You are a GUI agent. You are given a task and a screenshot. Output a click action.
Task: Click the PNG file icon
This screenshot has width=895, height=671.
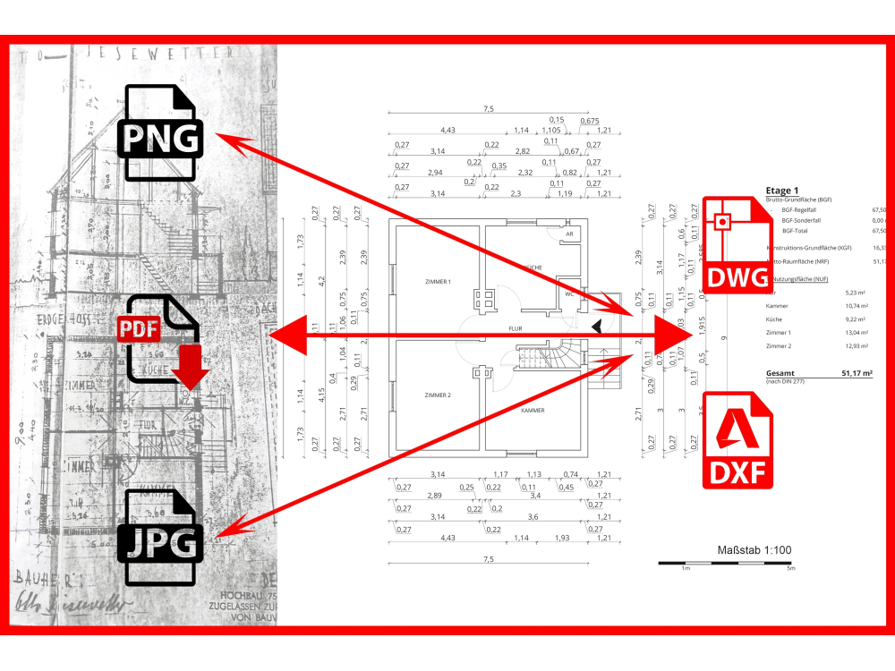(161, 133)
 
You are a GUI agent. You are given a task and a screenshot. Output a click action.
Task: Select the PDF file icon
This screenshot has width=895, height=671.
(161, 340)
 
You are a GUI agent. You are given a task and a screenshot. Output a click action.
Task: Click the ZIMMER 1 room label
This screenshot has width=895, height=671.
(438, 282)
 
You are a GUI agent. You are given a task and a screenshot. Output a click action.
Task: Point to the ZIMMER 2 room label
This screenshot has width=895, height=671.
(438, 395)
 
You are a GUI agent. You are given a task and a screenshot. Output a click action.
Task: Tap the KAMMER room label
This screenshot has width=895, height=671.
(533, 411)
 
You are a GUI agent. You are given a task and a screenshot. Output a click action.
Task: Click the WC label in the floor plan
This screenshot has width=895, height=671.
(568, 293)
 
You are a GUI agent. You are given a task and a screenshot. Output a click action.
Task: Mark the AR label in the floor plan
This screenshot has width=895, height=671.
(568, 234)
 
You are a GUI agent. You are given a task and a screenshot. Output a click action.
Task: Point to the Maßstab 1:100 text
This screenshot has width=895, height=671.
(754, 550)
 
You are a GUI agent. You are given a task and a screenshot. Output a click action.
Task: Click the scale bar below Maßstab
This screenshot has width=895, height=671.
(726, 563)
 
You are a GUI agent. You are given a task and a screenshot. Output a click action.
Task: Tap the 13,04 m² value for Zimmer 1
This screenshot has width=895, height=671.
(858, 332)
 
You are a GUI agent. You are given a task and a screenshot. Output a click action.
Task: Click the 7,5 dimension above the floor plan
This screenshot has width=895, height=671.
(488, 109)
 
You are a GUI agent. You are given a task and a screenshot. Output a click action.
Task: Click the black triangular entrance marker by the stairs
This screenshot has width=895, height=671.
(597, 329)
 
